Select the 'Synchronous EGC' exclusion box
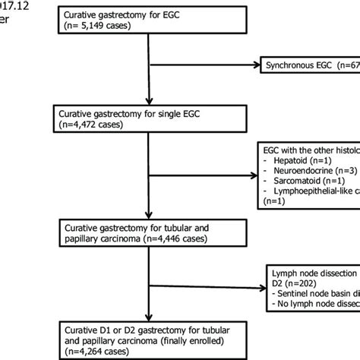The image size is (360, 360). tap(308, 67)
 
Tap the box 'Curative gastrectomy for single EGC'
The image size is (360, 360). tap(149, 120)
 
